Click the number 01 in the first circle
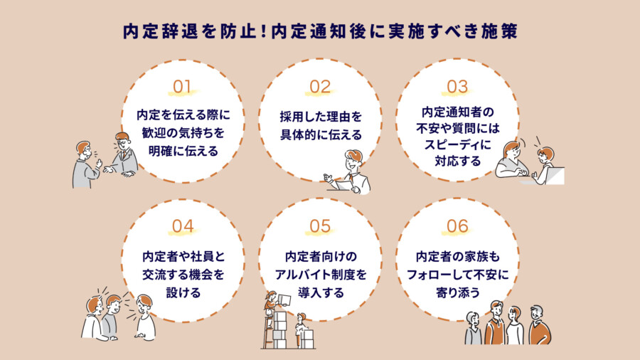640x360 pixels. coord(183,87)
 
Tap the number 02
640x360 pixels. coord(320,87)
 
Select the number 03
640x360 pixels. coord(457,87)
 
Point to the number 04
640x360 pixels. coord(183,226)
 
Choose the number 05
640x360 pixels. coord(320,226)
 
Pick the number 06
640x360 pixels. coord(457,226)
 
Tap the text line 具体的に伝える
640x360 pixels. coord(320,134)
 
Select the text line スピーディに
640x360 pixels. coord(457,144)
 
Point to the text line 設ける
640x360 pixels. coord(183,292)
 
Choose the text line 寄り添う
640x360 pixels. coord(457,292)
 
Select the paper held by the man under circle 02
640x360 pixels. coord(343,184)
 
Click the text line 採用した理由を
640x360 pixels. coord(320,115)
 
